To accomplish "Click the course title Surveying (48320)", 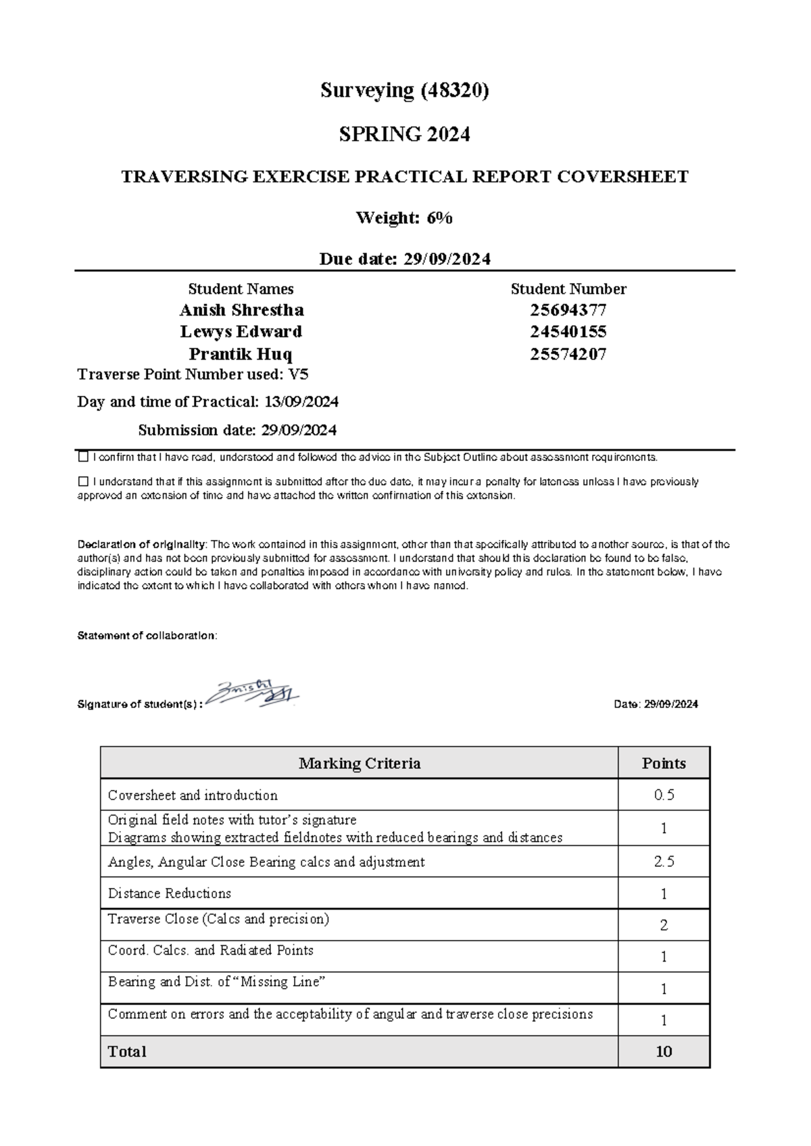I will click(x=404, y=91).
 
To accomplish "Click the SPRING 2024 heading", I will click(x=404, y=134).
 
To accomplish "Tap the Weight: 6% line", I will click(x=404, y=218).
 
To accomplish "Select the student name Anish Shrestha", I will click(x=241, y=310).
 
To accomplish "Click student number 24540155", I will click(x=568, y=332).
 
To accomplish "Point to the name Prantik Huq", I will click(x=241, y=354).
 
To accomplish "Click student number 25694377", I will click(x=568, y=310).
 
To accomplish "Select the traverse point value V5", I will click(x=299, y=374).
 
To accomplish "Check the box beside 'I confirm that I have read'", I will click(x=84, y=457).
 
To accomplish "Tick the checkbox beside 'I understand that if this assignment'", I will click(x=84, y=482).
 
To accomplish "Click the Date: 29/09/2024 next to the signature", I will click(x=656, y=704).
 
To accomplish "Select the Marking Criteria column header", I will click(x=360, y=764).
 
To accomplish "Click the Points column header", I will click(x=664, y=764).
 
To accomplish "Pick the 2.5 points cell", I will click(x=664, y=862).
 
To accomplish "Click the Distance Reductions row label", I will click(x=170, y=893).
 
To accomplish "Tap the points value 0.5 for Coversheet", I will click(x=664, y=795).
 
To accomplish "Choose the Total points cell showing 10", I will click(x=664, y=1051).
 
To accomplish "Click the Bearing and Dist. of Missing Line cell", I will click(x=216, y=982).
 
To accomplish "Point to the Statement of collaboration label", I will click(x=147, y=636).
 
